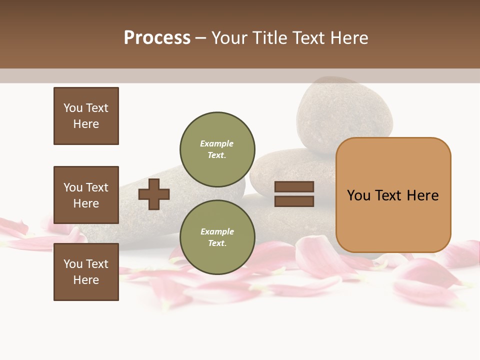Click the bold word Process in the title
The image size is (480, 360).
pyautogui.click(x=157, y=37)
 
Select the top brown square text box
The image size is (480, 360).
pyautogui.click(x=86, y=116)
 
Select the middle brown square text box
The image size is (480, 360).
pyautogui.click(x=86, y=195)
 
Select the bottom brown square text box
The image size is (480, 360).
pyautogui.click(x=86, y=272)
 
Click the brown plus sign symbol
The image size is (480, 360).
pyautogui.click(x=154, y=194)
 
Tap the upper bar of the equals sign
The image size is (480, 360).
pyautogui.click(x=294, y=186)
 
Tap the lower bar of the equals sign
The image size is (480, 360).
pyautogui.click(x=294, y=201)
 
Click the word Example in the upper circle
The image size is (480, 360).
pyautogui.click(x=216, y=143)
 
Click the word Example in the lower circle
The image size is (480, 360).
pyautogui.click(x=217, y=231)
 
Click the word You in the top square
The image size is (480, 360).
pyautogui.click(x=73, y=108)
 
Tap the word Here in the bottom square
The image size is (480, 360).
pyautogui.click(x=86, y=280)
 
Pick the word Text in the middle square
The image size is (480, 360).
pyautogui.click(x=97, y=187)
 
